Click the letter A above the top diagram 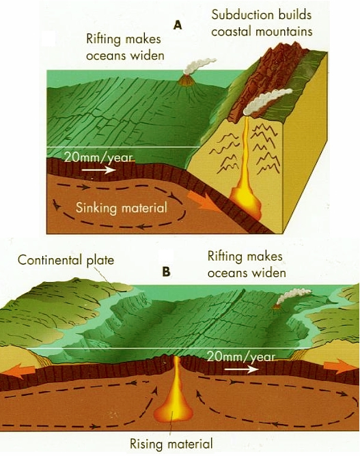coord(178,25)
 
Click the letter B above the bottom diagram coord(166,272)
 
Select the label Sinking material coord(122,208)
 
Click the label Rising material coord(171,444)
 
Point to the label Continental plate coord(66,259)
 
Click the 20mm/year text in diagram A coord(98,157)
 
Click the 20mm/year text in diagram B coord(241,357)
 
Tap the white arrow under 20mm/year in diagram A coord(98,169)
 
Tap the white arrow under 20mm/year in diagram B coord(242,369)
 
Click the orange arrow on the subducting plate coord(204,201)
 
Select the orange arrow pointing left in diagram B coord(20,371)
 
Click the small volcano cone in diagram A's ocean coord(186,80)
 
